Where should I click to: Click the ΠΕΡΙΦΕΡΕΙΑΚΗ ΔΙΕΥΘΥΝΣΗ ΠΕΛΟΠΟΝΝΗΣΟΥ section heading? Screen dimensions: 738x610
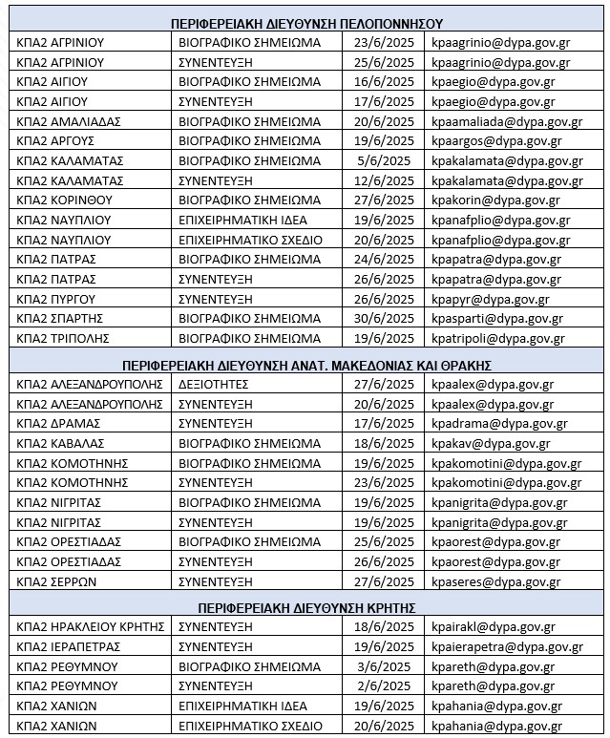click(306, 23)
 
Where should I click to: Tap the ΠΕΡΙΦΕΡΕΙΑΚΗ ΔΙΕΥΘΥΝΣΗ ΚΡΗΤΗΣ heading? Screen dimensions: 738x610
click(306, 607)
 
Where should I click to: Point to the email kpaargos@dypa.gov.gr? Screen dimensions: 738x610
click(493, 140)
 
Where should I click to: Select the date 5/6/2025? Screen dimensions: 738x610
click(382, 160)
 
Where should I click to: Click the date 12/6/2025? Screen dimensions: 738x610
click(382, 180)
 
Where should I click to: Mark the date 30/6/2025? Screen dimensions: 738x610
click(382, 318)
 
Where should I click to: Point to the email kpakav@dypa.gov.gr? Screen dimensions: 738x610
click(491, 443)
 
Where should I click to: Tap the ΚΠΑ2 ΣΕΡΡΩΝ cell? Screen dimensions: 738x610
click(57, 581)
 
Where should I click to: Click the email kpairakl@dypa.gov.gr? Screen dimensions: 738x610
click(493, 627)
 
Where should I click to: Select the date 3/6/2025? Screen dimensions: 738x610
click(382, 666)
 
